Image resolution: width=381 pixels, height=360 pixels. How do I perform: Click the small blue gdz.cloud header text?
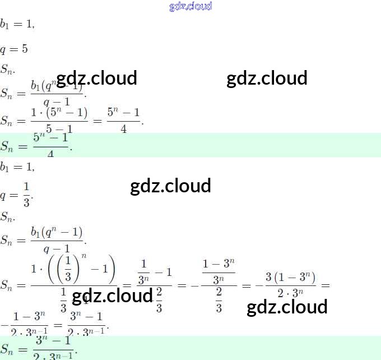[190, 6]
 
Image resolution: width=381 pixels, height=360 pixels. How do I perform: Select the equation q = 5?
[14, 49]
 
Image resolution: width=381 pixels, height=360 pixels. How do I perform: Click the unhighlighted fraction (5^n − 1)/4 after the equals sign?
[123, 120]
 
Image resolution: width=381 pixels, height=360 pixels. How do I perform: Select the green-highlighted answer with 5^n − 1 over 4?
[50, 145]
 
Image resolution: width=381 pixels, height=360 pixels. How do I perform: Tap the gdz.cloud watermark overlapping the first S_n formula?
[97, 78]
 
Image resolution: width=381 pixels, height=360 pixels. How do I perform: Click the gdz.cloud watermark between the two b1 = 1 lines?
[170, 186]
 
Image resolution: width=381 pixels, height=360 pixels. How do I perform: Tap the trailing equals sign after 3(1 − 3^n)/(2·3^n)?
[326, 285]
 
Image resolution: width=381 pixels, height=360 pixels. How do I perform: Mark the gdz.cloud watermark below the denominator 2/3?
[287, 307]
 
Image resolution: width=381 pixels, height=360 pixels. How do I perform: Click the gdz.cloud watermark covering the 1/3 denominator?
[112, 296]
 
